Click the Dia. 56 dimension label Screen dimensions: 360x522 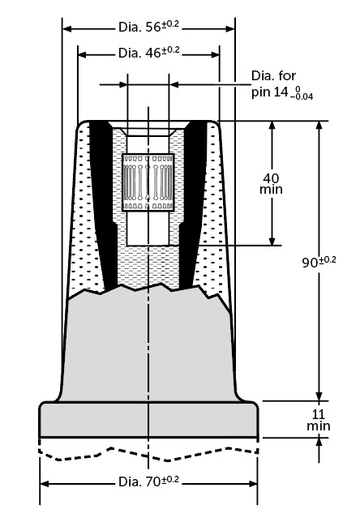[x=148, y=27]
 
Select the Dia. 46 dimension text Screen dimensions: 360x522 [x=148, y=52]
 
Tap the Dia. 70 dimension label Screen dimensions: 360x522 [x=148, y=481]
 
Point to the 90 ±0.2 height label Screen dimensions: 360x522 [x=319, y=262]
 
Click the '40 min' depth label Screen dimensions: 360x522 [x=272, y=184]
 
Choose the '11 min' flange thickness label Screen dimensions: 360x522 [x=319, y=421]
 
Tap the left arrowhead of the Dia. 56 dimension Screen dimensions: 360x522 [x=67, y=29]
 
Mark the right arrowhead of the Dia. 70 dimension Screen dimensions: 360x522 [x=253, y=484]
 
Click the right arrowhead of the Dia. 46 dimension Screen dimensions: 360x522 [x=215, y=54]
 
